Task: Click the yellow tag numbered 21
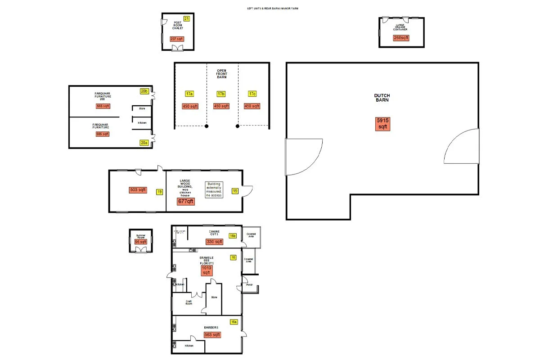point(187,18)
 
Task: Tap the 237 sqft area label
point(177,39)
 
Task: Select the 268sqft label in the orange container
point(401,38)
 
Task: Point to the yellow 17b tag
point(221,94)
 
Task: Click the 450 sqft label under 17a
point(190,106)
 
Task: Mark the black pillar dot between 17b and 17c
point(237,126)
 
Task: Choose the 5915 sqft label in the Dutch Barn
point(382,124)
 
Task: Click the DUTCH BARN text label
point(382,98)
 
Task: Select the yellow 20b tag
point(144,91)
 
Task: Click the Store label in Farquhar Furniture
point(142,108)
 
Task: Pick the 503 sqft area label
point(138,190)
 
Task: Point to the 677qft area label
point(185,202)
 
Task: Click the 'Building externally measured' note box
point(214,189)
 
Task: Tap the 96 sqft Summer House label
point(141,242)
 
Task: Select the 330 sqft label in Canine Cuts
point(214,242)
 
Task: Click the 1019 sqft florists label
point(206,270)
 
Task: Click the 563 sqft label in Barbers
point(212,335)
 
